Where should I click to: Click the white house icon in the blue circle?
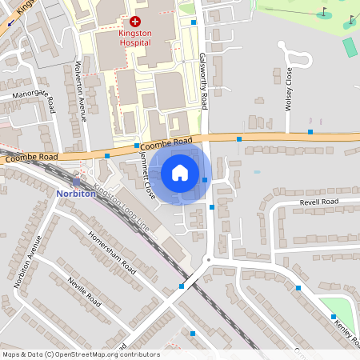(x=180, y=173)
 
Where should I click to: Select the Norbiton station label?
(x=77, y=193)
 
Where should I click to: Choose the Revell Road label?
(x=320, y=202)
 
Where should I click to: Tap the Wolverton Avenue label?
(x=80, y=90)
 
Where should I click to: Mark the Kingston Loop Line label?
(x=120, y=205)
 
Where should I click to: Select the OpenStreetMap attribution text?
(x=80, y=354)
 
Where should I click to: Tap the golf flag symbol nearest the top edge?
(x=324, y=11)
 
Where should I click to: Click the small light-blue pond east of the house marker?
(x=256, y=172)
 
